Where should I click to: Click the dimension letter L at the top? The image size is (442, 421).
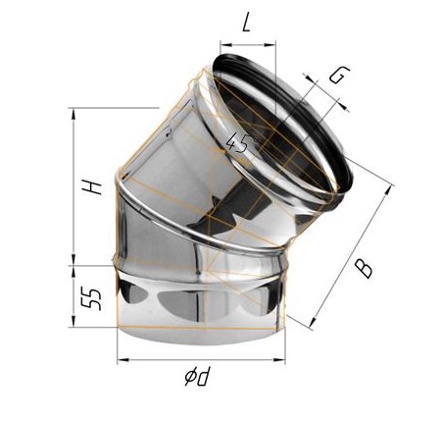tap(246, 23)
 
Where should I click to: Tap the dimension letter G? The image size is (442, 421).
tap(339, 76)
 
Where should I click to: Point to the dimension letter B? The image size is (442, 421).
tap(364, 269)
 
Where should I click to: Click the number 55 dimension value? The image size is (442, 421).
tap(91, 299)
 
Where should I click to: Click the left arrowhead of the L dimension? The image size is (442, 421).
tap(225, 45)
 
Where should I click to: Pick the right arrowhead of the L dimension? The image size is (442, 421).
tap(270, 45)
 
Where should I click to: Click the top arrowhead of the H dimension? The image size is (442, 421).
tap(74, 113)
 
